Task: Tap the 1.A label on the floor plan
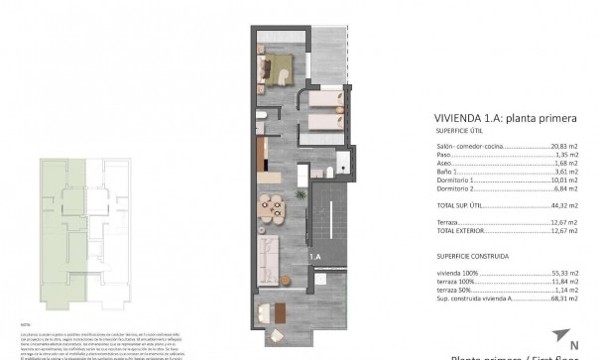[314, 257]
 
